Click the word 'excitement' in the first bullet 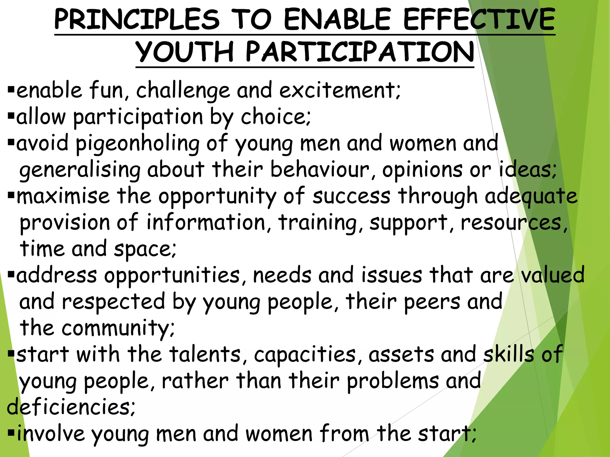(340, 90)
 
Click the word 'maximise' (63, 196)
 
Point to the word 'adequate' (531, 197)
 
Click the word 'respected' (113, 302)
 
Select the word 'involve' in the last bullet (51, 433)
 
